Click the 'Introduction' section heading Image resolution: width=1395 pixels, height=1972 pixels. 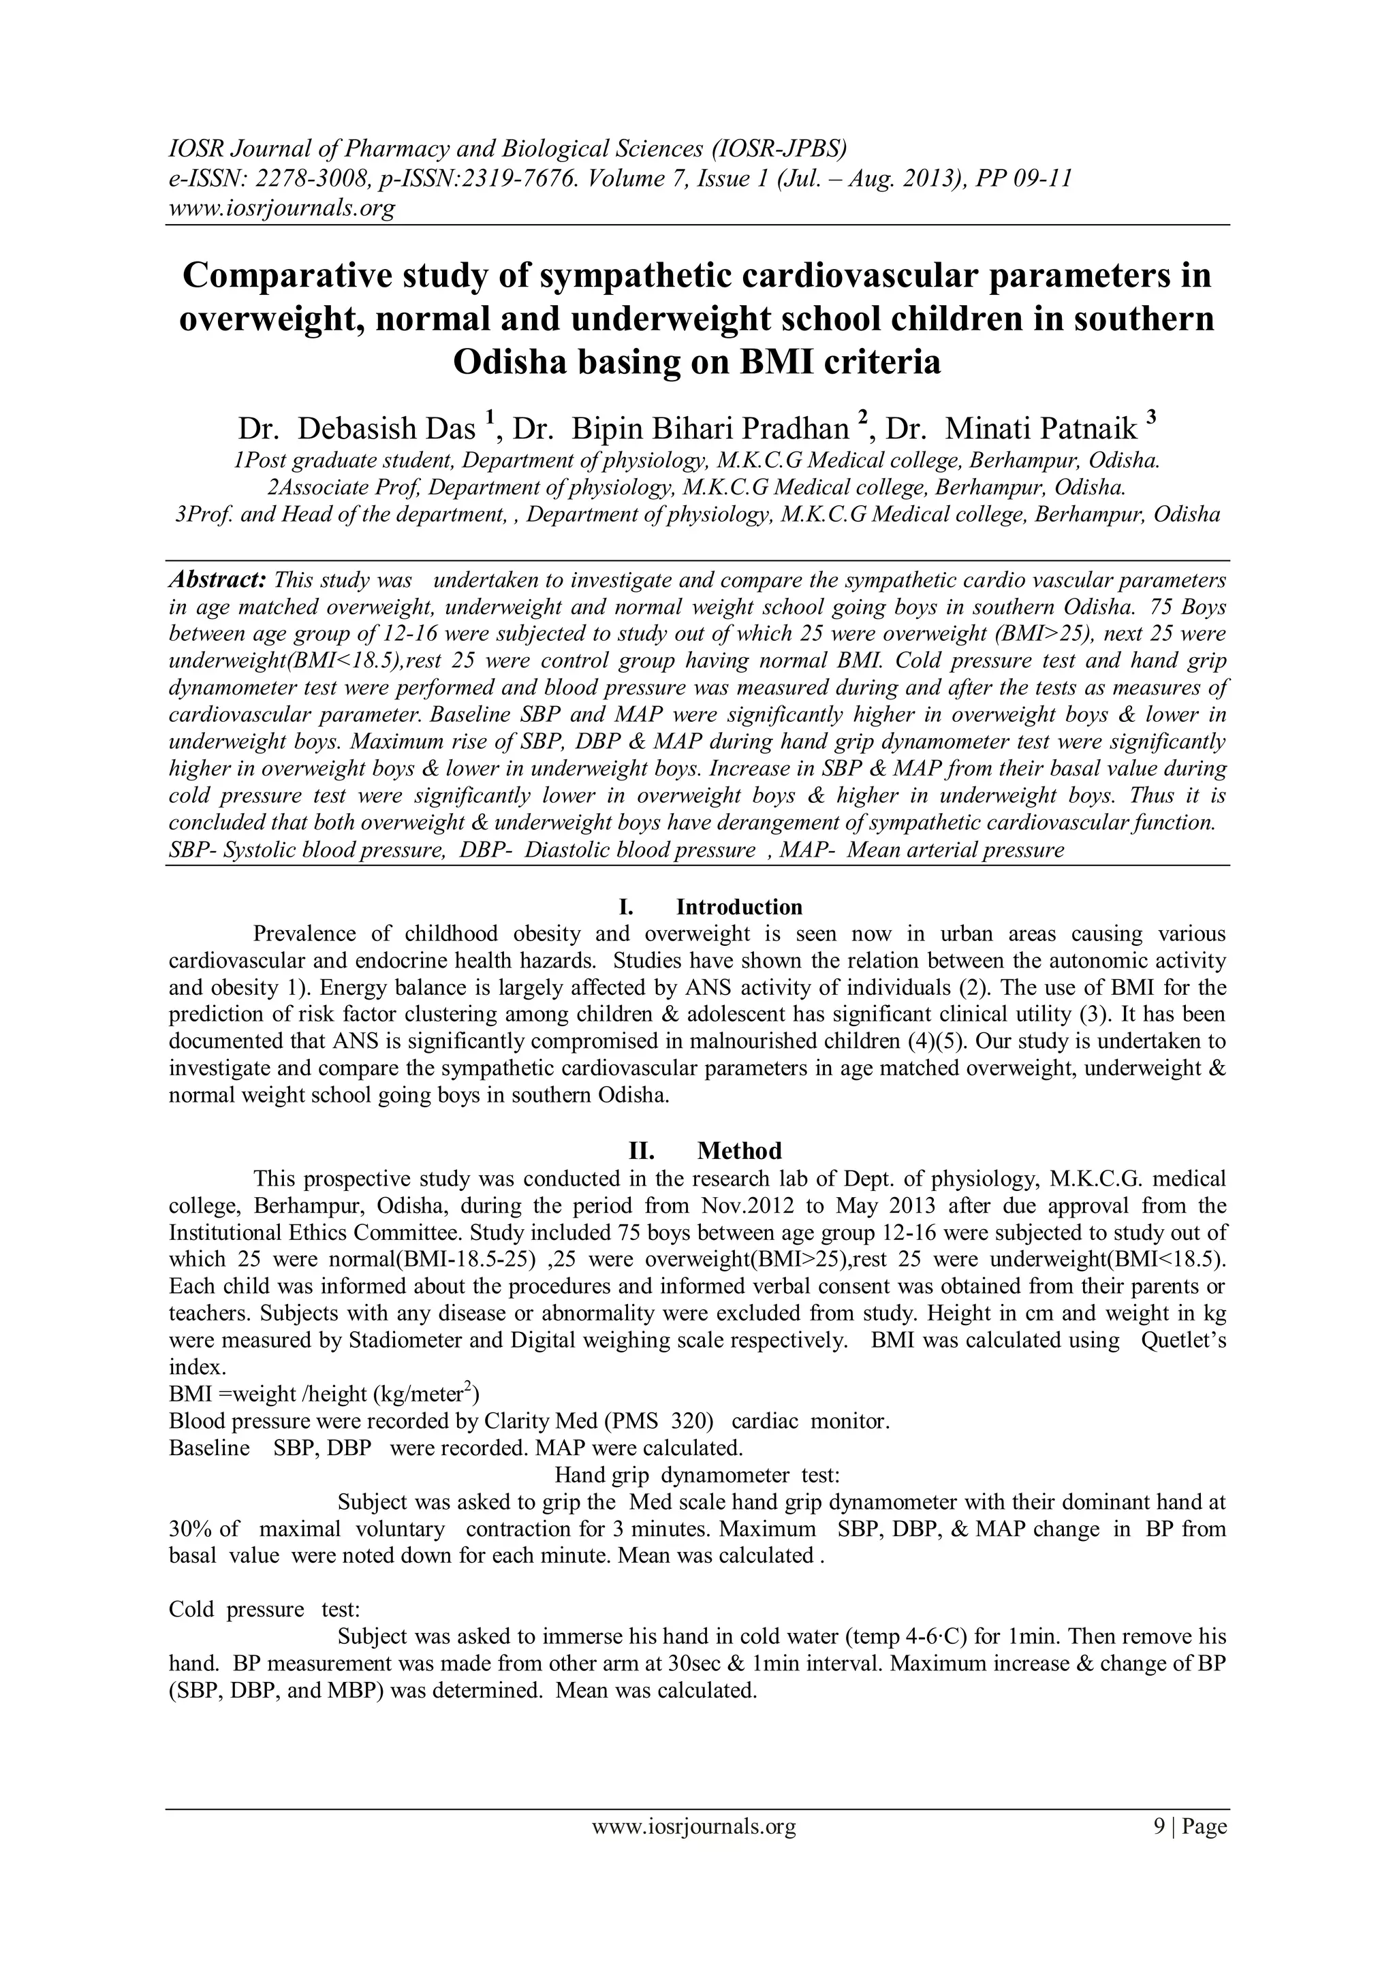tap(739, 907)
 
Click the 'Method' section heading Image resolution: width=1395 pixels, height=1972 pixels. tap(739, 1151)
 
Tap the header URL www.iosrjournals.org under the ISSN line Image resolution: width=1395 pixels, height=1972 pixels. tap(280, 208)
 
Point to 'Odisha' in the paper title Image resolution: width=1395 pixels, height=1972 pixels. tap(510, 362)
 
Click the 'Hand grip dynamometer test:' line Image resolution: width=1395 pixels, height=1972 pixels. tap(697, 1476)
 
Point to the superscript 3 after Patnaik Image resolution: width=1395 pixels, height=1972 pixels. tap(1151, 418)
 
